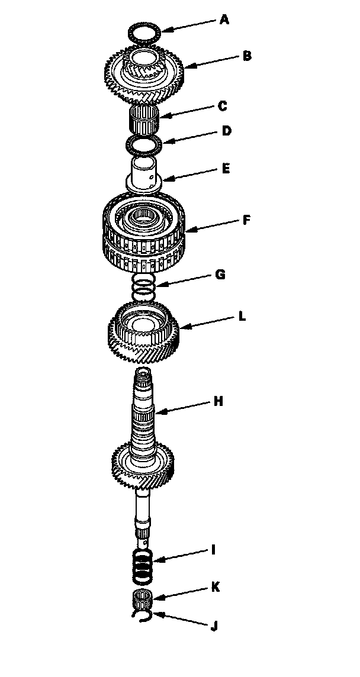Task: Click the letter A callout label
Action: click(x=224, y=20)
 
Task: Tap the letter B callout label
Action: click(x=247, y=56)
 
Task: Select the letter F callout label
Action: click(x=246, y=220)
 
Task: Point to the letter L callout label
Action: click(x=242, y=317)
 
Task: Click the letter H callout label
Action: click(x=218, y=402)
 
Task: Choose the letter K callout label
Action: click(x=215, y=588)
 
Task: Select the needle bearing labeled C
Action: click(x=145, y=118)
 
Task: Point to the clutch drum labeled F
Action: click(x=146, y=233)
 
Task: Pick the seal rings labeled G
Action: click(x=143, y=287)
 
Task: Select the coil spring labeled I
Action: click(x=143, y=565)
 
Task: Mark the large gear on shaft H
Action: click(x=143, y=466)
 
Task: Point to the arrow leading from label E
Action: click(x=191, y=173)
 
